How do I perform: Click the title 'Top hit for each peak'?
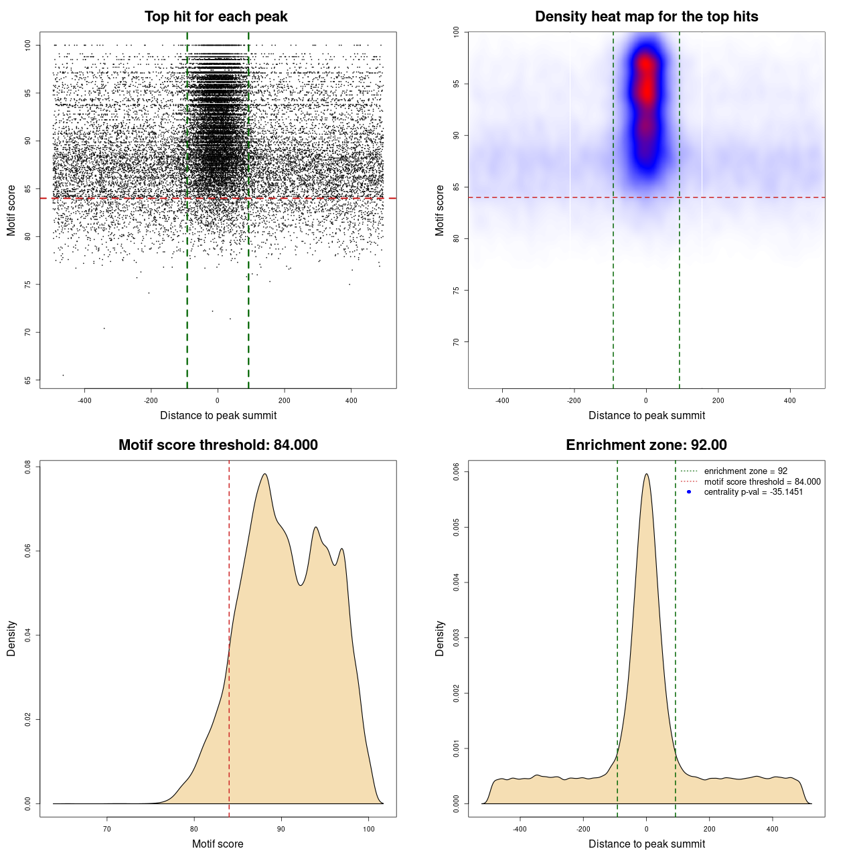point(216,17)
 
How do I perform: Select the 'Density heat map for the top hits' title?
point(646,17)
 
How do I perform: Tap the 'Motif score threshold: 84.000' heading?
point(218,445)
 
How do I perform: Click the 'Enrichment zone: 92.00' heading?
point(646,445)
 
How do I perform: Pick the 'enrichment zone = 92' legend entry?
point(745,471)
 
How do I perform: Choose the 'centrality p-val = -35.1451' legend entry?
point(753,492)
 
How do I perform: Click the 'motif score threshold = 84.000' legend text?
point(762,482)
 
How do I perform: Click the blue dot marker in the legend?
point(689,492)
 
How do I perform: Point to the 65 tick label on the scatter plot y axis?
point(27,380)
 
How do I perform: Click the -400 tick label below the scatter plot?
point(84,400)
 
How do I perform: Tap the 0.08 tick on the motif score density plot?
point(27,467)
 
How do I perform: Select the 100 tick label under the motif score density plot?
point(368,829)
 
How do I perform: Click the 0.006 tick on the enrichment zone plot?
point(456,472)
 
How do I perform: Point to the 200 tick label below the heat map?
point(718,400)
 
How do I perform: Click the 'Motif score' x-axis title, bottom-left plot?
point(218,844)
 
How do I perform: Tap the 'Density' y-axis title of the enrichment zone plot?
point(440,638)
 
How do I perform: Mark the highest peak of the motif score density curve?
point(265,474)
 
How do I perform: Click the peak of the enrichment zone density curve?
point(646,474)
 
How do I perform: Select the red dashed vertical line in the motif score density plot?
point(229,636)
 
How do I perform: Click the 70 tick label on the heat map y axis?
point(456,341)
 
